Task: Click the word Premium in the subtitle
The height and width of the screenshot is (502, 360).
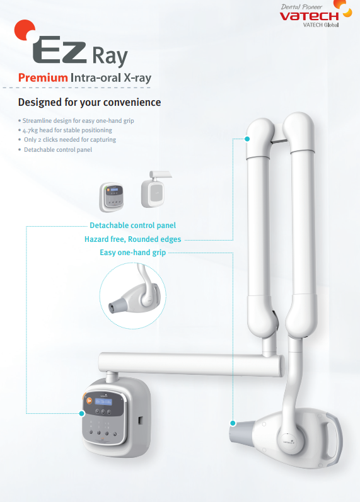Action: click(43, 77)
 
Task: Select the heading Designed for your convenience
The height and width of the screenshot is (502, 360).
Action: click(90, 102)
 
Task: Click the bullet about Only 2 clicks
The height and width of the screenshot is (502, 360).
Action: click(69, 139)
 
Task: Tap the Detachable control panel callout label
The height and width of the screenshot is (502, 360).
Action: click(132, 225)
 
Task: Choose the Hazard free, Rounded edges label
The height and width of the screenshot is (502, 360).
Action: click(133, 239)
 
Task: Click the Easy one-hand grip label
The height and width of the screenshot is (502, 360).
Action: click(134, 253)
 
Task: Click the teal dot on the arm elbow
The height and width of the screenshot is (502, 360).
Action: click(247, 139)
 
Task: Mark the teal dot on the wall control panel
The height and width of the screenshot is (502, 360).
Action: click(81, 414)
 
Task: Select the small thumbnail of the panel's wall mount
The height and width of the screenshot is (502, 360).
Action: click(154, 189)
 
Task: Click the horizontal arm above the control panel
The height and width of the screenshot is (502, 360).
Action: click(189, 363)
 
